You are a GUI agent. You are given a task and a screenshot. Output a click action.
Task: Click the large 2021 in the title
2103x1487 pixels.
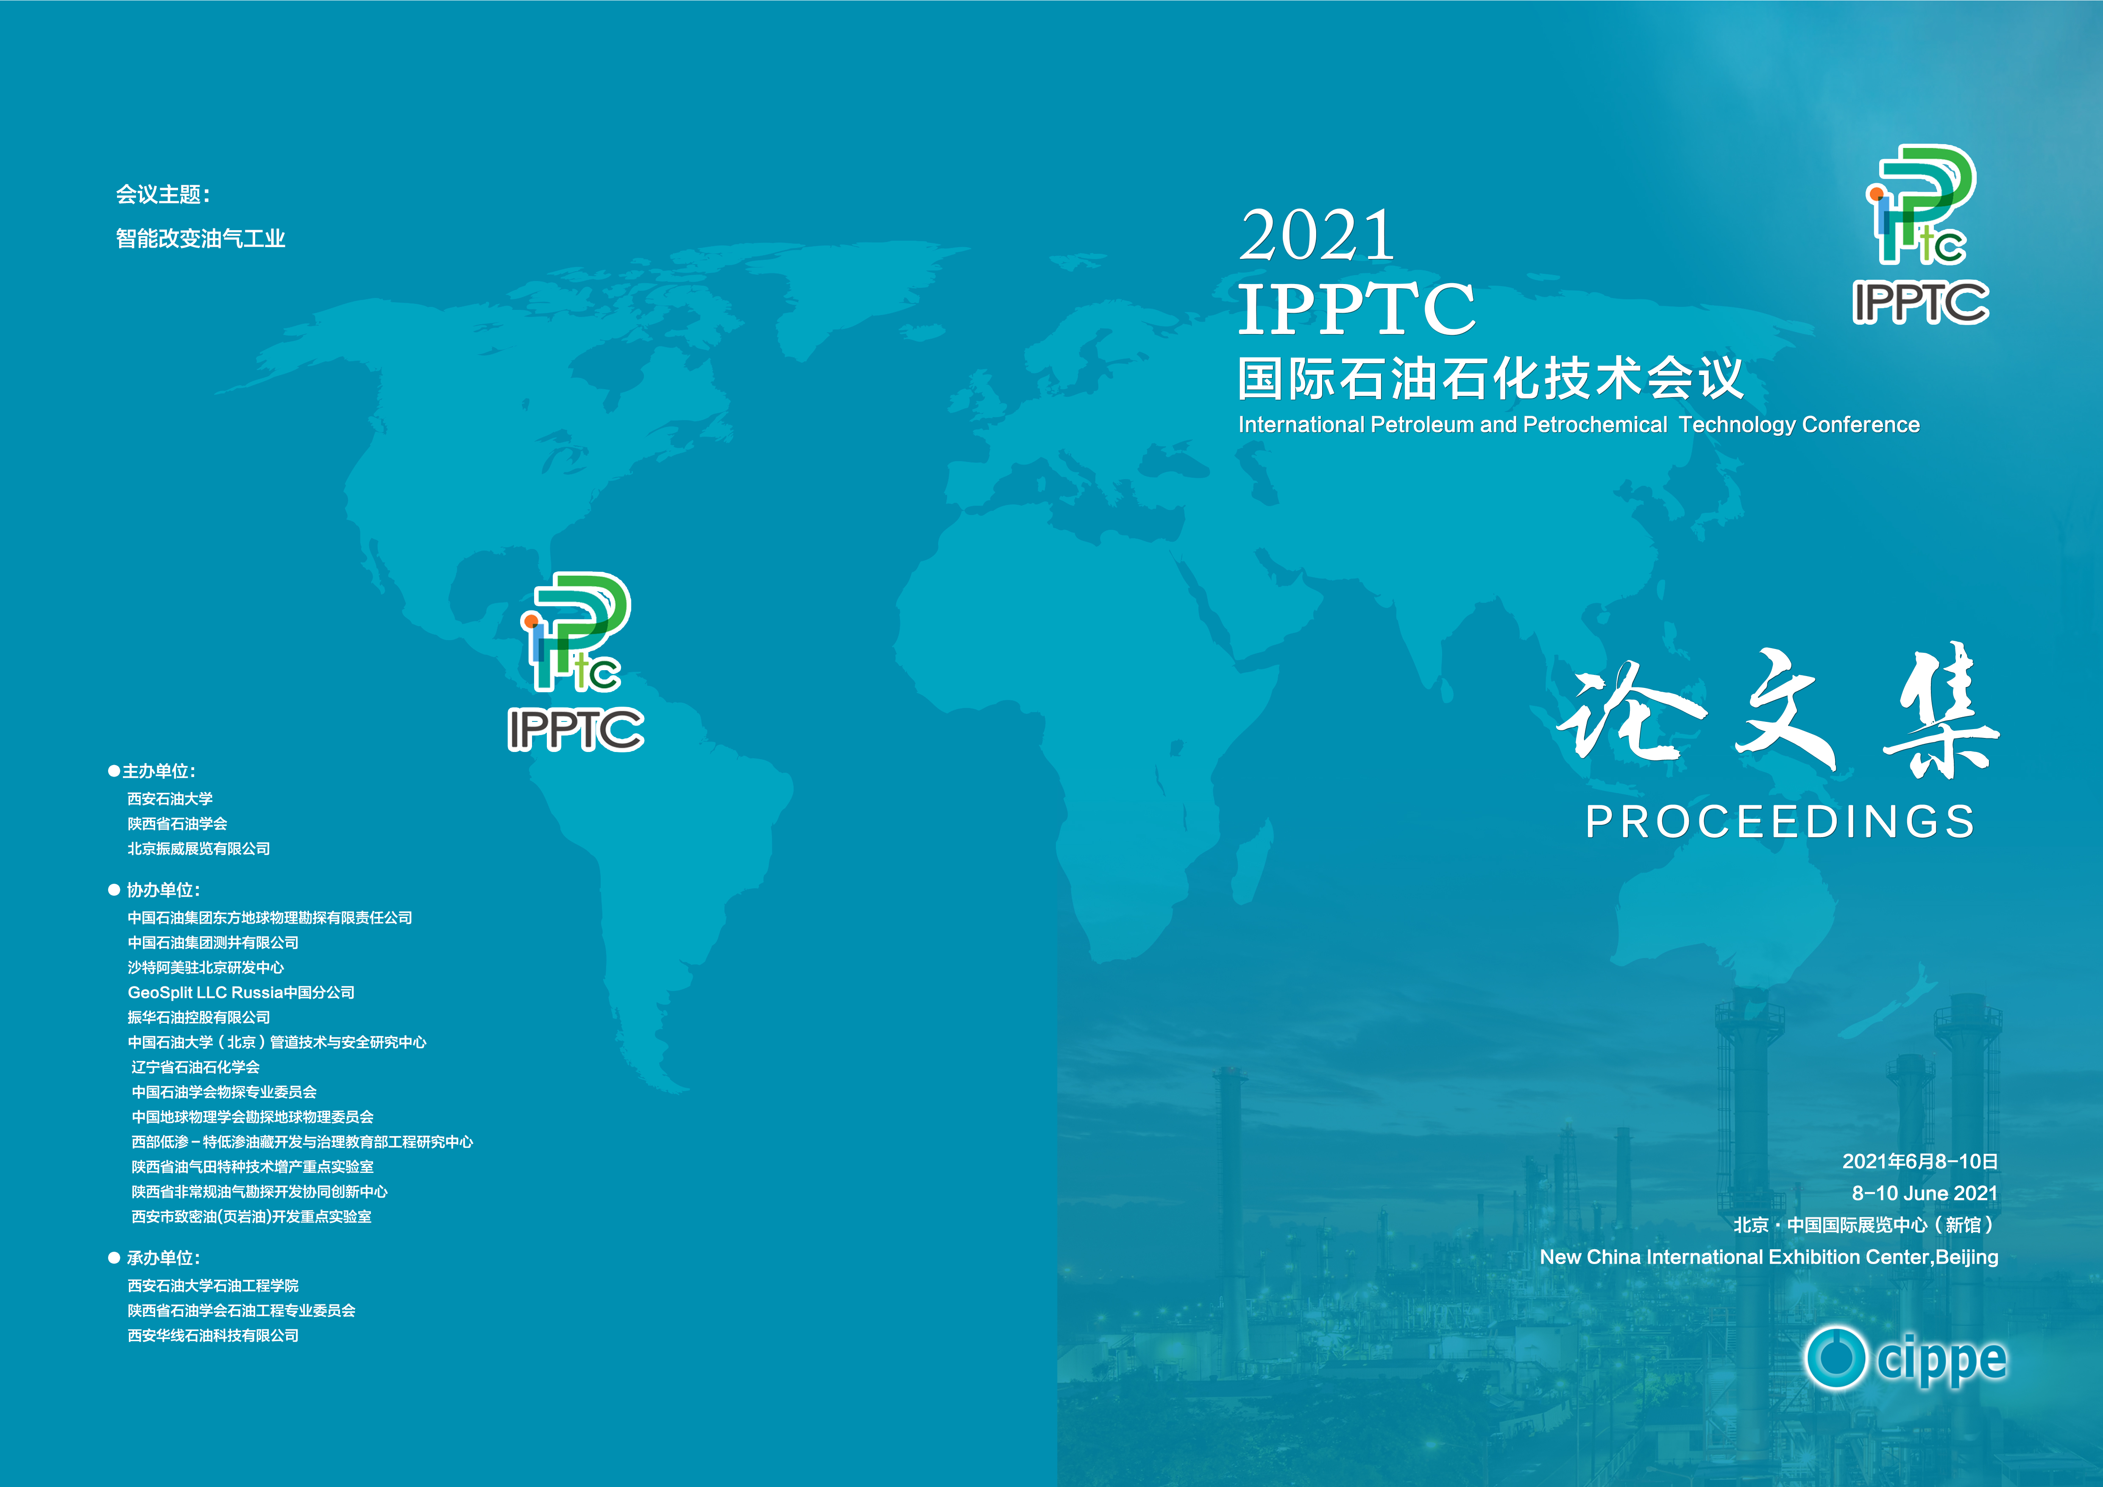(x=1317, y=235)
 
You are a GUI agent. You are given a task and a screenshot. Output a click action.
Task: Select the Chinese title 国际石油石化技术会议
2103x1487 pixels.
(x=1490, y=378)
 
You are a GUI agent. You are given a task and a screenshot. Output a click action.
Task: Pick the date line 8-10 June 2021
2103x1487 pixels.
(x=1925, y=1193)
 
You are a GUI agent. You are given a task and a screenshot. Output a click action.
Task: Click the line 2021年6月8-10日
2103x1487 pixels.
(x=1920, y=1161)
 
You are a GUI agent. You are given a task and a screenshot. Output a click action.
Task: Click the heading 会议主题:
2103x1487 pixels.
(x=163, y=194)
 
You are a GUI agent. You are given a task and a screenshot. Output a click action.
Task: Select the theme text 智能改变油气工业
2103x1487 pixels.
(x=201, y=239)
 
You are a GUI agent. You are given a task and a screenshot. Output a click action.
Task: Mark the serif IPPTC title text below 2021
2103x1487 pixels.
(x=1357, y=309)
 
